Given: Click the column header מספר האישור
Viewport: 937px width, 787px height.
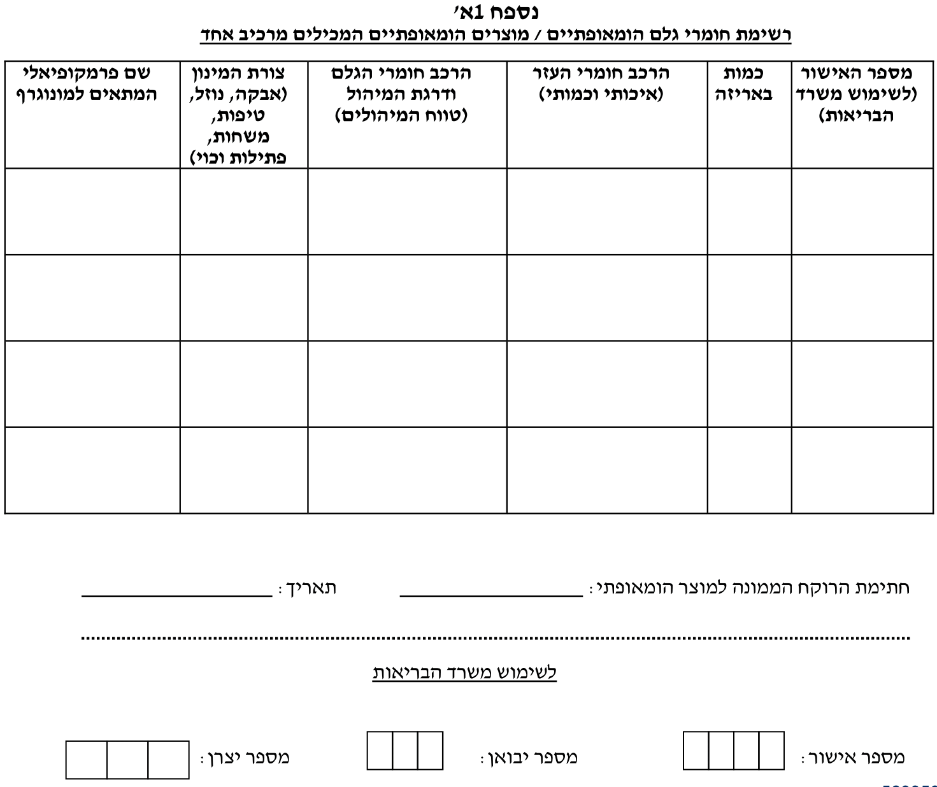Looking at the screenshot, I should pyautogui.click(x=863, y=94).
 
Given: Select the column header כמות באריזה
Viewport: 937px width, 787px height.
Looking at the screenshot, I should pyautogui.click(x=749, y=83).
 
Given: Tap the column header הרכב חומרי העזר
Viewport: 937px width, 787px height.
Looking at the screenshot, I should pyautogui.click(x=601, y=83).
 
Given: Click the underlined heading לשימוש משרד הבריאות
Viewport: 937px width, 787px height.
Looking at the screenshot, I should pyautogui.click(x=464, y=672).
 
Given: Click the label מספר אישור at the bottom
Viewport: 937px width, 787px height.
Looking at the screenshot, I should pyautogui.click(x=854, y=757).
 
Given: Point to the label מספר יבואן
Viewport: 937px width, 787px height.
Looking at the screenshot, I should pyautogui.click(x=529, y=757).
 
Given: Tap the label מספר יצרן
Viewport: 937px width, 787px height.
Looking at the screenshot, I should pyautogui.click(x=246, y=757).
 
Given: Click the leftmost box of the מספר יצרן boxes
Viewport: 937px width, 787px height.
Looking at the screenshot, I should pyautogui.click(x=86, y=760).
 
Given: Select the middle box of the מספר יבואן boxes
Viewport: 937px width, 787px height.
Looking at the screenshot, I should pyautogui.click(x=405, y=751).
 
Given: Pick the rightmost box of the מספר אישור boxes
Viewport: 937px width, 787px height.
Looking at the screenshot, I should pyautogui.click(x=771, y=751).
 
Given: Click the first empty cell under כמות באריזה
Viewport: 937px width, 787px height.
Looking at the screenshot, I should pyautogui.click(x=749, y=211).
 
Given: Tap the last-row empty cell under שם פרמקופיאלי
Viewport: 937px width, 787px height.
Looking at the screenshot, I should pyautogui.click(x=92, y=470).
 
